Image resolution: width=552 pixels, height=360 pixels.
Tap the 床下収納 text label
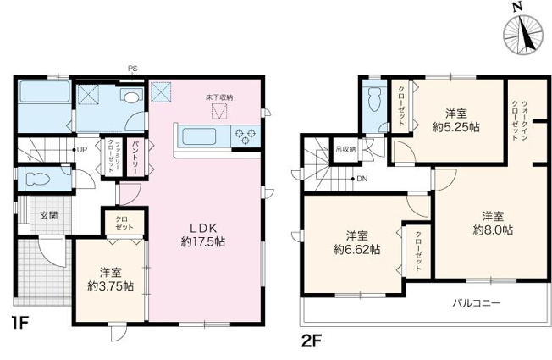coord(218,98)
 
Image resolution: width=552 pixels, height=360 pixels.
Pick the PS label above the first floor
coord(132,69)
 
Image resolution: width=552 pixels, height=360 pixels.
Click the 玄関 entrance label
coord(48,216)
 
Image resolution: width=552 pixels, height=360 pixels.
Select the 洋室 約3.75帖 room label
coord(110,280)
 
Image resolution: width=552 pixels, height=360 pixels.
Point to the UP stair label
coord(82,151)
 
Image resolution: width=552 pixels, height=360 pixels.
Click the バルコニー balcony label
coord(476,302)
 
